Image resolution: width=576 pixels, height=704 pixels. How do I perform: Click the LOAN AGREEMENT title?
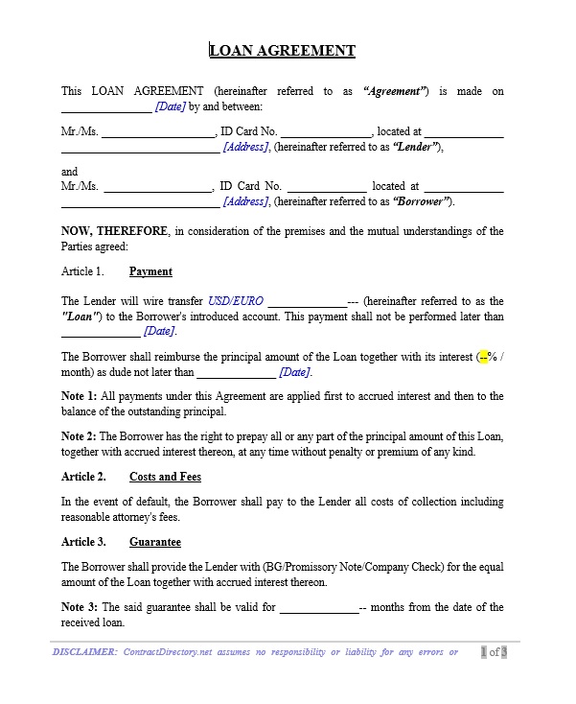(283, 51)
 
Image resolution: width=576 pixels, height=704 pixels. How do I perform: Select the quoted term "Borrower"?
(422, 201)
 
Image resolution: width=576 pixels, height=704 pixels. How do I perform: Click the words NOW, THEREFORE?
(115, 231)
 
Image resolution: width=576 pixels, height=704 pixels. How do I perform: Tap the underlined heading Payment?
(150, 271)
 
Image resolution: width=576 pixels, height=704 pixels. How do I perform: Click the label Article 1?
(81, 271)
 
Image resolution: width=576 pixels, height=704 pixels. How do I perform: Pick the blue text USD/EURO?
(235, 301)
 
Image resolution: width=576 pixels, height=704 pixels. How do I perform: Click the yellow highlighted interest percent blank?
(484, 357)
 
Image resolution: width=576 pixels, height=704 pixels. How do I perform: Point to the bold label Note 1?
(80, 396)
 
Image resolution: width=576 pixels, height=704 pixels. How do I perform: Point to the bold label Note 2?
(80, 436)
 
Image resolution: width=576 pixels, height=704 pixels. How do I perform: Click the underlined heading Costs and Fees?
(165, 477)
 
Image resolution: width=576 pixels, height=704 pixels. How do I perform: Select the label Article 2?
(83, 477)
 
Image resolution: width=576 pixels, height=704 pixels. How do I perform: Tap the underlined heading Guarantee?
(155, 542)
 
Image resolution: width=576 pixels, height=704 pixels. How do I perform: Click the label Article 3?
(83, 542)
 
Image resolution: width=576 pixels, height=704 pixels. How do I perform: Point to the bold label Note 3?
(80, 607)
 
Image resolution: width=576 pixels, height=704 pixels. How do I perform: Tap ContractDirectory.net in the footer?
(172, 652)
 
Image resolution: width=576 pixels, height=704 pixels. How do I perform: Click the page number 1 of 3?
(494, 652)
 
